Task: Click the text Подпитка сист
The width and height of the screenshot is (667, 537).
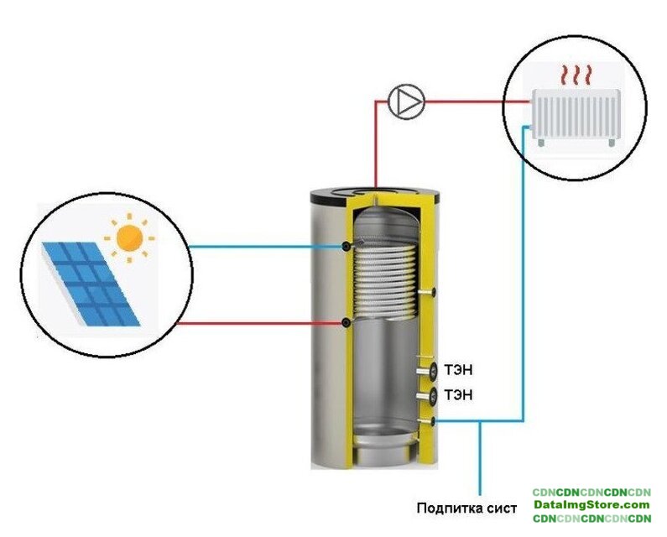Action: pyautogui.click(x=464, y=508)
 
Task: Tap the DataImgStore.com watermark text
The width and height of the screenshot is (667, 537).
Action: pyautogui.click(x=591, y=505)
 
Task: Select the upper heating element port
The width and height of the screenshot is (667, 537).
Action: pyautogui.click(x=430, y=370)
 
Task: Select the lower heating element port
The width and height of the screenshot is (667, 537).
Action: pyautogui.click(x=430, y=395)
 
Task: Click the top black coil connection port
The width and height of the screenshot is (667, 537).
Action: pyautogui.click(x=347, y=246)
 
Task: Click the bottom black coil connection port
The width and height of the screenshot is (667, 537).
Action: pyautogui.click(x=347, y=323)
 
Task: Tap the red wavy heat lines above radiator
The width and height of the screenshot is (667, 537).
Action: pyautogui.click(x=576, y=76)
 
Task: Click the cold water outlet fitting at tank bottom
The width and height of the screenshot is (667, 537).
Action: pyautogui.click(x=428, y=421)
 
